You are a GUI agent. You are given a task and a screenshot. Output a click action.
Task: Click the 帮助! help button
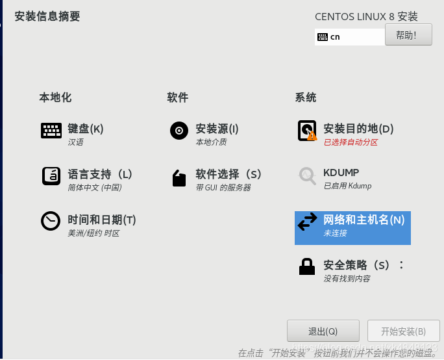[408, 35]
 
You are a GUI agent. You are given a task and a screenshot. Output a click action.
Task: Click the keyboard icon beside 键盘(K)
[51, 131]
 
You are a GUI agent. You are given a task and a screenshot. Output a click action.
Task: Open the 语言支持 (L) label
[100, 174]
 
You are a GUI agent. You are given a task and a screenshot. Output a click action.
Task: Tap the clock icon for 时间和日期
[51, 221]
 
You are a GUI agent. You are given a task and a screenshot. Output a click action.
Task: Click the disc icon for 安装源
[179, 131]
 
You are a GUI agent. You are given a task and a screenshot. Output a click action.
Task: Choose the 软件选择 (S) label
[228, 174]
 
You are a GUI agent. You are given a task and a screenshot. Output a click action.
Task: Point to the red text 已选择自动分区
[351, 142]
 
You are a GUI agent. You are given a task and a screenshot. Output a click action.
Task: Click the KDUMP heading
[341, 173]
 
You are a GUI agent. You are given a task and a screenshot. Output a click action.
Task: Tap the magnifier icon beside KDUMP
[307, 175]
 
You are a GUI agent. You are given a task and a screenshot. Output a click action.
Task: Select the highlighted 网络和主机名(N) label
[364, 220]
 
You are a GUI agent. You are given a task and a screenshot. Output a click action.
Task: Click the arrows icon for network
[307, 222]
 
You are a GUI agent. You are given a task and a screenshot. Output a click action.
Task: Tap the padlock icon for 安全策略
[307, 266]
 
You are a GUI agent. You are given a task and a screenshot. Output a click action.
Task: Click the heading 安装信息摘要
[47, 17]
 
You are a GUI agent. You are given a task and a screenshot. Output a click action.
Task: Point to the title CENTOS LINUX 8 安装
[366, 17]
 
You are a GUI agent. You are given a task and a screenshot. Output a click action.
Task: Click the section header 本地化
[55, 97]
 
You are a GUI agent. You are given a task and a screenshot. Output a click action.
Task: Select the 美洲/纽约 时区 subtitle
[93, 233]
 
